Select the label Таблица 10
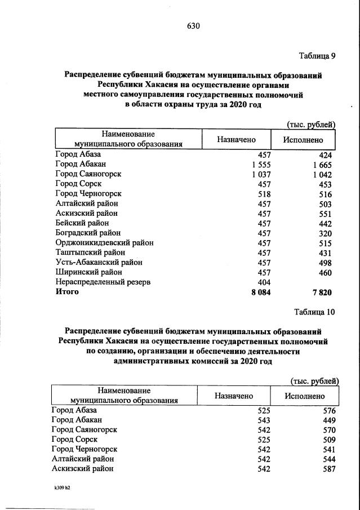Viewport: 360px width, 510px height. [x=314, y=312]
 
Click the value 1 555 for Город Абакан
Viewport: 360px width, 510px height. [x=259, y=165]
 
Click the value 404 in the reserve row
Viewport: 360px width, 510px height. [x=264, y=282]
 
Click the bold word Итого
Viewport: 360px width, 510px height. [x=67, y=292]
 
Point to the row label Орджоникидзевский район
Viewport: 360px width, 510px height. [x=104, y=243]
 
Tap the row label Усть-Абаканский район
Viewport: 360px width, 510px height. [x=99, y=262]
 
